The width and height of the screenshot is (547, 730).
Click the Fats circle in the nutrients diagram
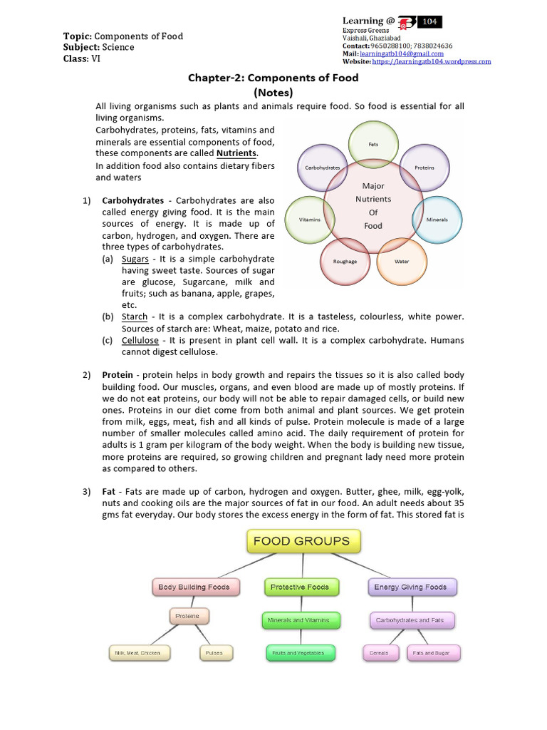click(373, 143)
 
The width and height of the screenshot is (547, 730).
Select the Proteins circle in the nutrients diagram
click(424, 168)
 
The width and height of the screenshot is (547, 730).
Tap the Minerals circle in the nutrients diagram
click(437, 220)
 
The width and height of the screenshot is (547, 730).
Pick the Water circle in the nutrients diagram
click(402, 261)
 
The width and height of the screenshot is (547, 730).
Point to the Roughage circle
click(345, 261)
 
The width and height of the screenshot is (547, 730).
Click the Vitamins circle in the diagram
click(309, 220)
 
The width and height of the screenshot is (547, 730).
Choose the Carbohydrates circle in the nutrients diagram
click(322, 168)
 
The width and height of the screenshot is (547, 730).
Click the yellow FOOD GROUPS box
click(302, 541)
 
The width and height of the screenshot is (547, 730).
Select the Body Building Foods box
click(194, 587)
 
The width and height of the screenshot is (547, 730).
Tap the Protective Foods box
click(299, 587)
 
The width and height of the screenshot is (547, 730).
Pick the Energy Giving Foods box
click(411, 587)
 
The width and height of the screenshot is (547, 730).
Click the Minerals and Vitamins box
click(298, 620)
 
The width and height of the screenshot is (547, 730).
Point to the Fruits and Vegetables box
click(298, 652)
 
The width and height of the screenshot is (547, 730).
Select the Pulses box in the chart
click(214, 652)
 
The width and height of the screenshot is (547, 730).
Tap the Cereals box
click(379, 652)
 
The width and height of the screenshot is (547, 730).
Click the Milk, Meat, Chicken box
click(138, 652)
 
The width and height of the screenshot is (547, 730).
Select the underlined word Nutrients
click(236, 153)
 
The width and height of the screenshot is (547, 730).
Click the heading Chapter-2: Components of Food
click(273, 77)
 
